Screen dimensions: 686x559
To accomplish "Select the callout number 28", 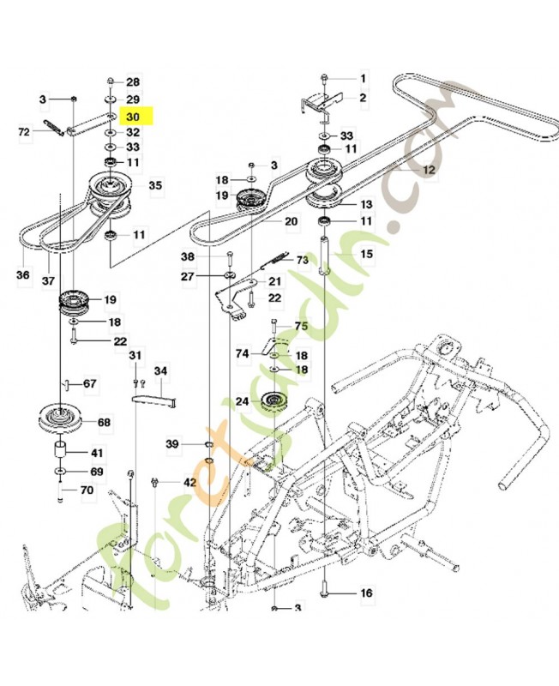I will (x=133, y=82).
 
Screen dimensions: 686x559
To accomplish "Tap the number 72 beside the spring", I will (x=24, y=131).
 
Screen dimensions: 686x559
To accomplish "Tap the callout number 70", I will (x=87, y=491).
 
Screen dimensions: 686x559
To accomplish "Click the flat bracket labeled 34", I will (x=153, y=398).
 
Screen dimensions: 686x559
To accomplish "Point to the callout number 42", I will (x=189, y=482).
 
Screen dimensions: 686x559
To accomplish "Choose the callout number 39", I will (x=172, y=443).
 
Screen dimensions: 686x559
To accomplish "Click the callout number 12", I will (x=429, y=171).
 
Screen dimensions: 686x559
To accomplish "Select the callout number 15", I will (x=366, y=254).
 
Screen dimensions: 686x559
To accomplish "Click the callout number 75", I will (x=300, y=326).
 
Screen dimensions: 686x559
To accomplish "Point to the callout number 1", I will (x=362, y=79).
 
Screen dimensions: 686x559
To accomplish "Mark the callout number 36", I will (x=22, y=275).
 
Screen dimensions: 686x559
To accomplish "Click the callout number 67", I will (x=89, y=383).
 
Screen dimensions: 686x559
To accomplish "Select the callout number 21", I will (x=274, y=281).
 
